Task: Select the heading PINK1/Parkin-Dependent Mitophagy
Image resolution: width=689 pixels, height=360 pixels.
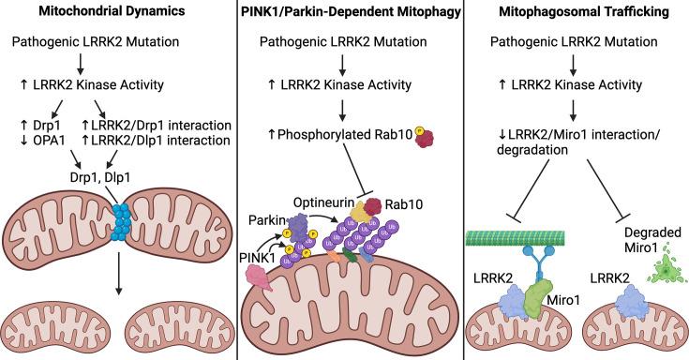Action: (x=345, y=13)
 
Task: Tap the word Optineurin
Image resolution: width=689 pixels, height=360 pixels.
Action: (x=320, y=200)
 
